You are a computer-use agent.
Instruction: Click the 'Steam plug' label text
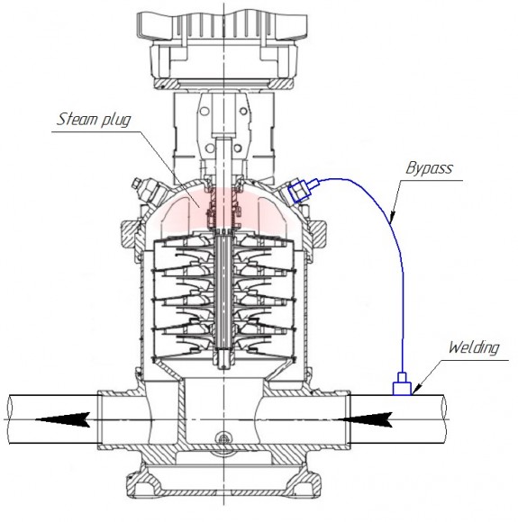tap(93, 118)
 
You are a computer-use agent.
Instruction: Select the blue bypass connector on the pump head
tap(303, 190)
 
